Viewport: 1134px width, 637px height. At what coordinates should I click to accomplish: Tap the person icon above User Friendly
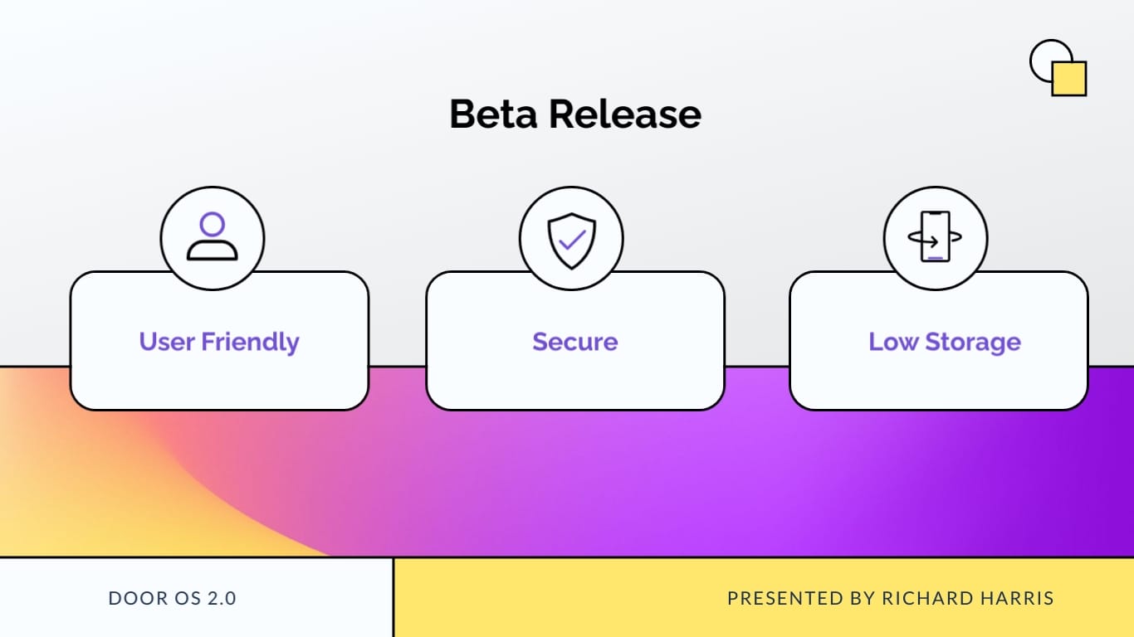[x=213, y=237]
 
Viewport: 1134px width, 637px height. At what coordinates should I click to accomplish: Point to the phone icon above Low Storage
[x=936, y=237]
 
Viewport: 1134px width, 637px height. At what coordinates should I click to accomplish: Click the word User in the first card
[x=167, y=342]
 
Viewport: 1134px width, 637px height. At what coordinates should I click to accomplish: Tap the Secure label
[x=575, y=342]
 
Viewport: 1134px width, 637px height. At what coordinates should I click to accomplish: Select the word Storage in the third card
[x=973, y=343]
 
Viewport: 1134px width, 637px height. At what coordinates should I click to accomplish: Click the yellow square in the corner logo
[x=1070, y=80]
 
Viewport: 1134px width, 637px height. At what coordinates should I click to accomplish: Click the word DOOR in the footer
[x=133, y=598]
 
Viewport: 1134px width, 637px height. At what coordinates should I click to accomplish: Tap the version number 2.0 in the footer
[x=221, y=598]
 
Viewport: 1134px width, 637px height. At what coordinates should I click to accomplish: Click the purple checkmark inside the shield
[x=571, y=241]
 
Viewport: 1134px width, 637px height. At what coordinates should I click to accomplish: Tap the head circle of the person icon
[x=213, y=225]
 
